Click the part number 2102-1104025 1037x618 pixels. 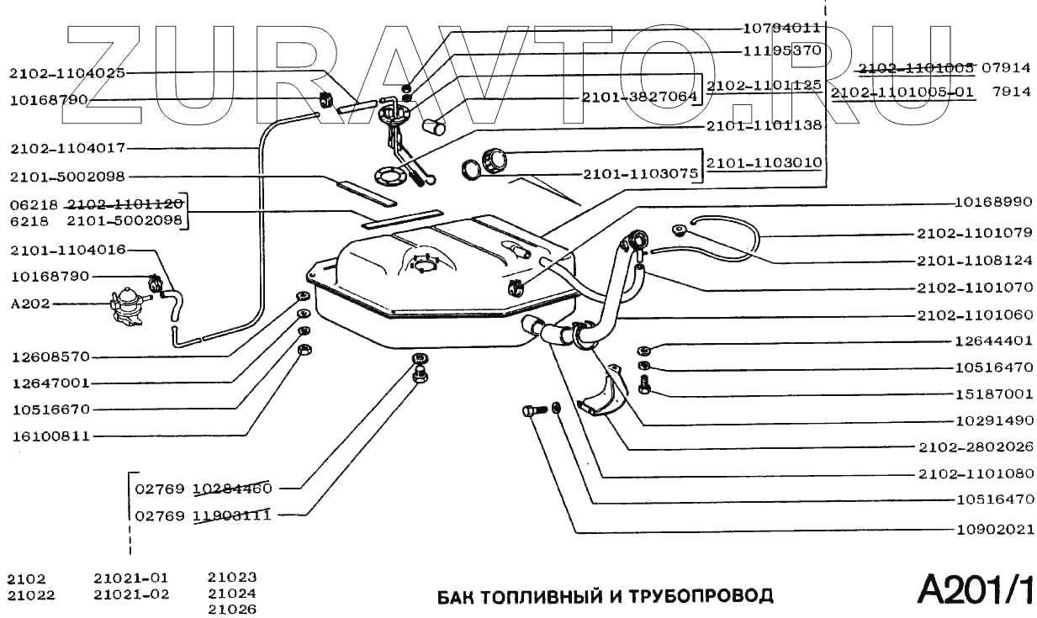tap(67, 73)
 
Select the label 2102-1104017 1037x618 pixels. tap(67, 149)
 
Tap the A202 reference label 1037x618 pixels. tap(30, 304)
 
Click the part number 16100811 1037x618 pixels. tap(50, 436)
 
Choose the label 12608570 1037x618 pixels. tap(50, 356)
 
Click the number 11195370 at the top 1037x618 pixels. tap(782, 50)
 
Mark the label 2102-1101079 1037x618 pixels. tap(974, 234)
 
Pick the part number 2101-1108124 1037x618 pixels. tap(974, 260)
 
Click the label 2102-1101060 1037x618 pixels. tap(974, 314)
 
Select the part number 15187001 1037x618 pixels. tap(993, 394)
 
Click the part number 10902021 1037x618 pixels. tap(993, 531)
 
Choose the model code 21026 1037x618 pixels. tap(232, 609)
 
